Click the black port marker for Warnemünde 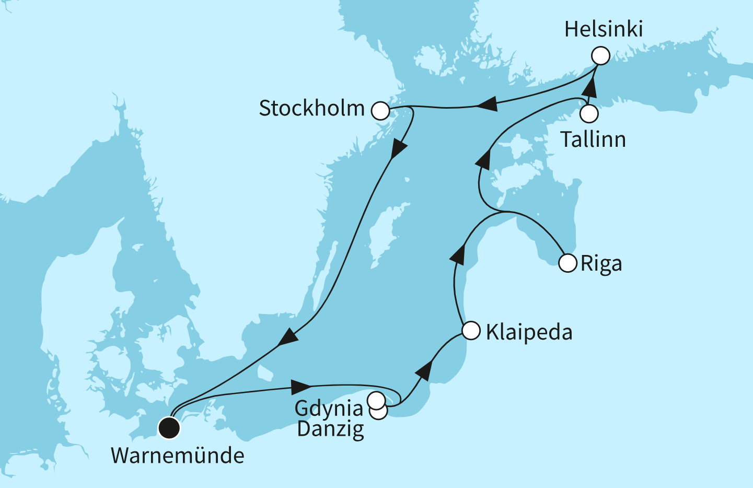click(x=169, y=428)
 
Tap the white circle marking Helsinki click(x=600, y=56)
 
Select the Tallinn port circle click(x=589, y=113)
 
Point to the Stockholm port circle click(x=380, y=111)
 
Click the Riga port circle click(x=567, y=263)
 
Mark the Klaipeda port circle click(x=471, y=331)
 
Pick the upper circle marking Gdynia click(x=376, y=400)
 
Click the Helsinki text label click(x=604, y=29)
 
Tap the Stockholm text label click(x=312, y=109)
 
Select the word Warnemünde click(x=178, y=456)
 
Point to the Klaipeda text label click(x=529, y=332)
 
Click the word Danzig click(x=331, y=429)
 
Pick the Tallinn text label click(x=593, y=140)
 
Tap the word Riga click(x=601, y=264)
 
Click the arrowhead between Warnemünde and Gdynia click(x=300, y=387)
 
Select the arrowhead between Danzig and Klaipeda click(x=424, y=370)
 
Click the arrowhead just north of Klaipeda click(x=458, y=255)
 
